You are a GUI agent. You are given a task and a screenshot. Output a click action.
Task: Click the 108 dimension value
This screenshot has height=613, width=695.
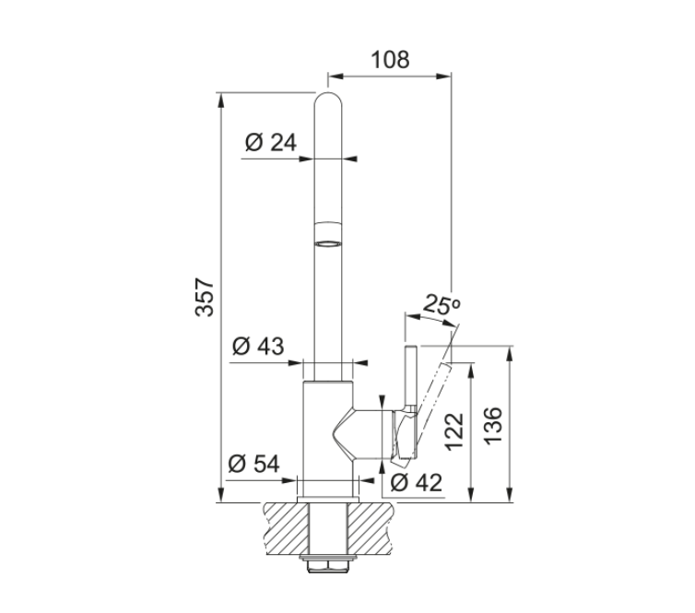(390, 60)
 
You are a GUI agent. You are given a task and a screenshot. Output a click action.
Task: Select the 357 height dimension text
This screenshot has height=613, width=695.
(205, 297)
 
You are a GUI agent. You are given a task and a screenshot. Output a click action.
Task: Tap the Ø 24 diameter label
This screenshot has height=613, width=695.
(271, 142)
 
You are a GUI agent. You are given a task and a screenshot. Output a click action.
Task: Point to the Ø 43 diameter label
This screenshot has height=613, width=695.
(258, 346)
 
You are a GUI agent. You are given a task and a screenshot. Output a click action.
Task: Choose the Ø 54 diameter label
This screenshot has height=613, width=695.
(254, 464)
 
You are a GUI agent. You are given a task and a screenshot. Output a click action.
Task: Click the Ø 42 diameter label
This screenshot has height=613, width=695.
(417, 482)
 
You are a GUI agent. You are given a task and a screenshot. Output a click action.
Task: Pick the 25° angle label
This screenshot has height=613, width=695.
(442, 304)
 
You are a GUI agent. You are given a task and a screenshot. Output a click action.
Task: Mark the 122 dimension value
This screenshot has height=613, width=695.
(454, 432)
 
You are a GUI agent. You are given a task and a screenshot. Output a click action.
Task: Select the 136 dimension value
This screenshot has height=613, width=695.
(493, 425)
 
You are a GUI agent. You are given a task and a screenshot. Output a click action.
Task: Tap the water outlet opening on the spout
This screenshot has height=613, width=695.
(328, 243)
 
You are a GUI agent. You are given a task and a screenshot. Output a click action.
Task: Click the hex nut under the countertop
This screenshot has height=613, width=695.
(328, 566)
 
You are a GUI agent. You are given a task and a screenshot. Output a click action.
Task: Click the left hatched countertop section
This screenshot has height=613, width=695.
(287, 528)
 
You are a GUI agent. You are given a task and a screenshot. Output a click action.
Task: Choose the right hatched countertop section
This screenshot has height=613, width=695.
(370, 528)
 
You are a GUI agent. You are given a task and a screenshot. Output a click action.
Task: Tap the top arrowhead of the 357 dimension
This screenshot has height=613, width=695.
(220, 100)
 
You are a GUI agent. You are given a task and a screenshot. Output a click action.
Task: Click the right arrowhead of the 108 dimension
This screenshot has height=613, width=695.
(443, 77)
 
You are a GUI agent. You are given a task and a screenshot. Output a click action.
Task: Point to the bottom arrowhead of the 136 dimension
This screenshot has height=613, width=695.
(510, 495)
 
